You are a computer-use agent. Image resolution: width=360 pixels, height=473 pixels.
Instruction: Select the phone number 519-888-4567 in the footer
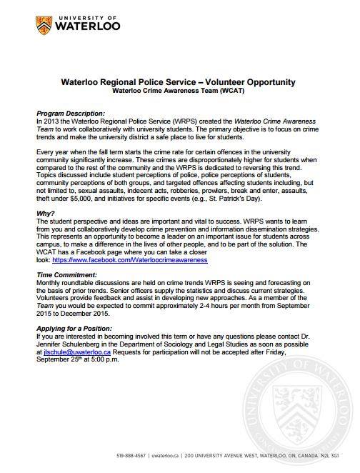pyautogui.click(x=133, y=456)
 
